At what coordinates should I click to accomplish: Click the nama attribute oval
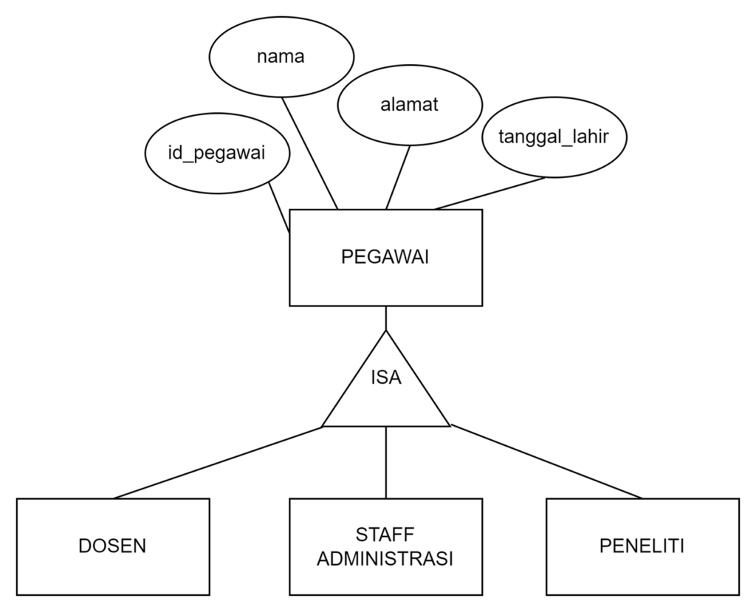click(281, 58)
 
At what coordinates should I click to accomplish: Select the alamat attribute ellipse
click(410, 105)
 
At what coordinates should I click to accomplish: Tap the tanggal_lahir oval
click(554, 138)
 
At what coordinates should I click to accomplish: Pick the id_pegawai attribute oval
click(216, 154)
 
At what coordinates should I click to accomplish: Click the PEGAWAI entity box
click(385, 258)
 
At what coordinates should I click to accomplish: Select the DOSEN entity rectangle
click(113, 546)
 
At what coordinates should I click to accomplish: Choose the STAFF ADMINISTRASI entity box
click(385, 546)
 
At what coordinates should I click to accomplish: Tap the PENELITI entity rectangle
click(642, 546)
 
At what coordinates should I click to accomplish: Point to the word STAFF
click(385, 534)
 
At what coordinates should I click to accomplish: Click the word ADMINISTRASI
click(385, 559)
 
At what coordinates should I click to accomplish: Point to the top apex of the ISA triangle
click(385, 333)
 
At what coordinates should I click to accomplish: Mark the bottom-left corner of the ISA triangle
click(325, 424)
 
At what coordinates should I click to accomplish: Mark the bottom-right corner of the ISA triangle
click(447, 424)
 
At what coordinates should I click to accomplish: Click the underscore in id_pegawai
click(185, 160)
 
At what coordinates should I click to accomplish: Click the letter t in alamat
click(435, 105)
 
